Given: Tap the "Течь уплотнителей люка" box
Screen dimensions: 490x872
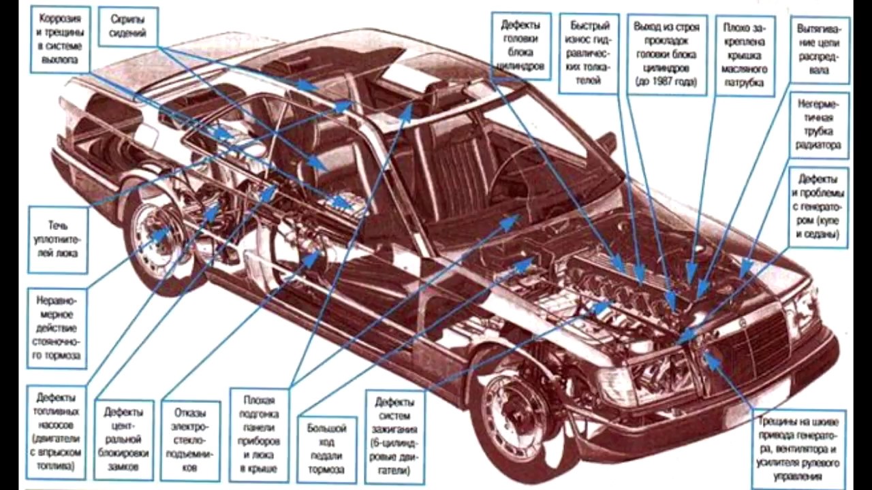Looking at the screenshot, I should pyautogui.click(x=59, y=238).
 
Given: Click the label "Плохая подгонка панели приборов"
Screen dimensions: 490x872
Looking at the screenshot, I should pyautogui.click(x=258, y=432).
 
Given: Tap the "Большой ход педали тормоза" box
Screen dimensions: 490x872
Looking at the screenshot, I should pyautogui.click(x=326, y=449).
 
